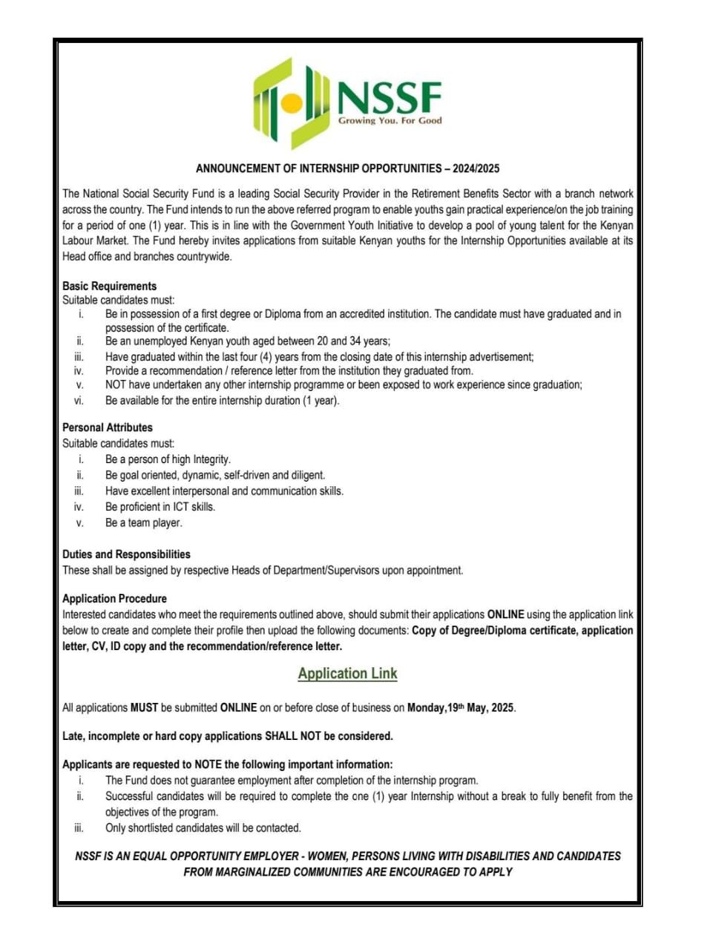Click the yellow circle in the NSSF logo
point(292,102)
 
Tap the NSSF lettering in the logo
point(390,97)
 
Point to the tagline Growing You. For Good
point(390,120)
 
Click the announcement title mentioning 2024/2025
point(347,168)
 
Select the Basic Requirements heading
point(109,286)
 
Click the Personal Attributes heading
point(107,427)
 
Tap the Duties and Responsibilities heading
point(126,554)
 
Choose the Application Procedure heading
point(114,598)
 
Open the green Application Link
point(347,674)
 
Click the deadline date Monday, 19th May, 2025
point(460,707)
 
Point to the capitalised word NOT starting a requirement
point(116,384)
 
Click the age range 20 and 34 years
point(349,341)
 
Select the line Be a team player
point(143,522)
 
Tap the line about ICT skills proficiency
point(160,507)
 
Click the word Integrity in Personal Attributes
point(211,459)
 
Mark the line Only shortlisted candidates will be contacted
point(203,828)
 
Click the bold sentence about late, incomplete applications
point(227,736)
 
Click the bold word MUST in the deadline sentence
point(144,707)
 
